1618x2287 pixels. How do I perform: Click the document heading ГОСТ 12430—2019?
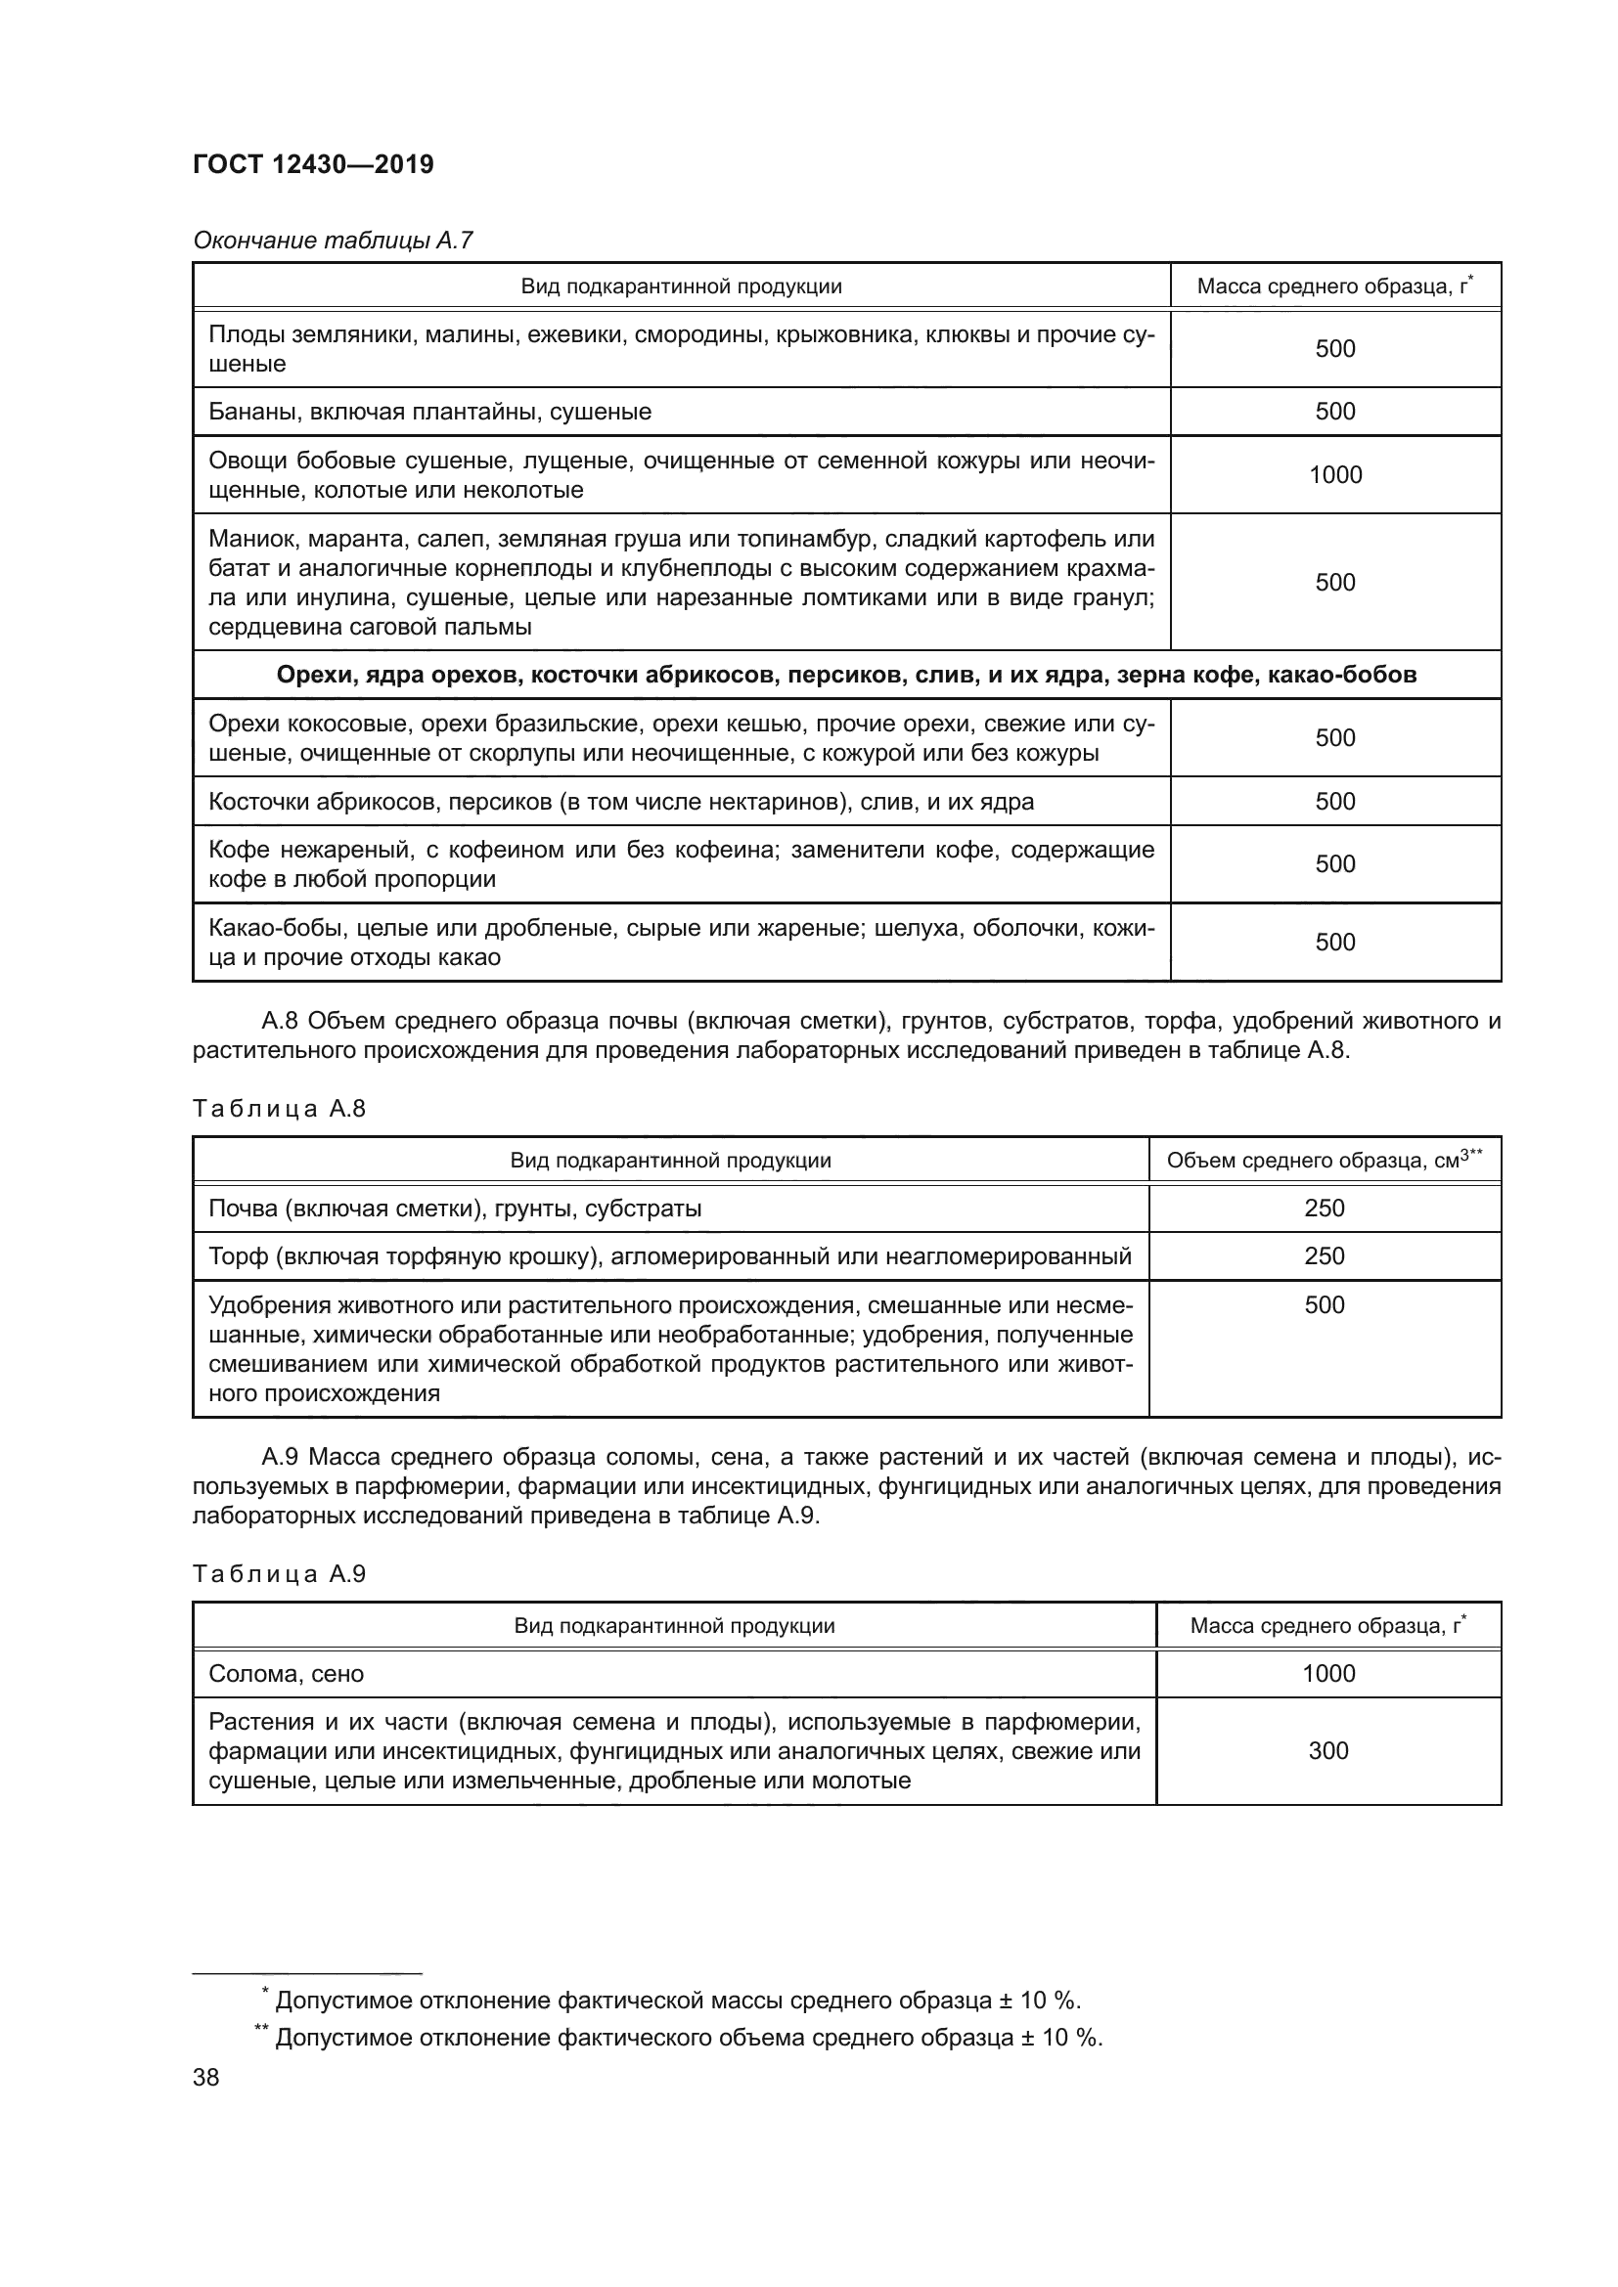(313, 164)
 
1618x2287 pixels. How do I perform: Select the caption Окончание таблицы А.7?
(333, 241)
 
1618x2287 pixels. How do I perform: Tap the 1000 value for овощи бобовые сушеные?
(1334, 475)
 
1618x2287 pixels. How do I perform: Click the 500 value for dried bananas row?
(1334, 412)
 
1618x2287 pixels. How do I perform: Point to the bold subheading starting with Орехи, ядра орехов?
(846, 675)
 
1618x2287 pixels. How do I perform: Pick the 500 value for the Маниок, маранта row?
(1334, 583)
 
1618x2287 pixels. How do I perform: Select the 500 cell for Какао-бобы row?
(1334, 943)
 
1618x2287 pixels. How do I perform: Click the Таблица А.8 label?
(279, 1109)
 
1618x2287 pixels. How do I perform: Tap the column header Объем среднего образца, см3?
(1324, 1160)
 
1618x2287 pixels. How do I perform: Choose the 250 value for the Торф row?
(1324, 1256)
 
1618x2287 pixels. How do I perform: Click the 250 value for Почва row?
(1324, 1209)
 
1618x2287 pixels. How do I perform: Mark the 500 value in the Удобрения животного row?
(1324, 1305)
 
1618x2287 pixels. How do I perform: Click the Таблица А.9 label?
(279, 1574)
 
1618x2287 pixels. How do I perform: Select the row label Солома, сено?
(286, 1673)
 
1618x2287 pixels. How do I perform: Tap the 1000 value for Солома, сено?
(1328, 1673)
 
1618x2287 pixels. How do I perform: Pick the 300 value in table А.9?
(1328, 1751)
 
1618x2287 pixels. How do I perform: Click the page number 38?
(206, 2078)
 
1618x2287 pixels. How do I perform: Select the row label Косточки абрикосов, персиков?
(621, 802)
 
